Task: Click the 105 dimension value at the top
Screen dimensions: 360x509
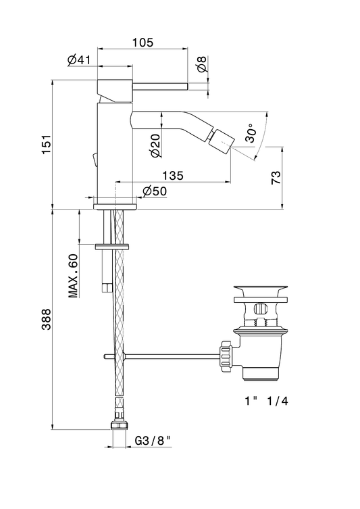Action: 143,43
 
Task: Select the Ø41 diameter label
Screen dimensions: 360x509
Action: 79,59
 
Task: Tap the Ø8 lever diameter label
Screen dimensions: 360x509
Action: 202,64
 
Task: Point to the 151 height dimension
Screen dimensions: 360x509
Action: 47,144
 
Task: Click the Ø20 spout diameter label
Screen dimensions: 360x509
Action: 155,145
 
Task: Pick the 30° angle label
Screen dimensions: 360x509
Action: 251,132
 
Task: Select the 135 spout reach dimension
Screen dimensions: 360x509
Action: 173,175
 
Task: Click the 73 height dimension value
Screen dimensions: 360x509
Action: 276,178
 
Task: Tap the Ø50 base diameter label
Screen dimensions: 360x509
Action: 155,191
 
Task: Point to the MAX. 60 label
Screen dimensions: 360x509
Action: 74,276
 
